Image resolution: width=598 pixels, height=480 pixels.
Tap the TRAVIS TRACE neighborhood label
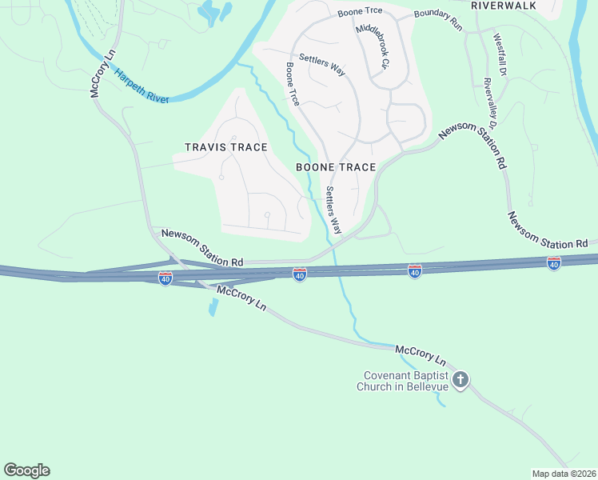click(225, 147)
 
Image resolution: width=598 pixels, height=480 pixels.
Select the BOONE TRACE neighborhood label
click(336, 167)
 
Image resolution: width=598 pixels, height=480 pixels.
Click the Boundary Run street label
click(438, 21)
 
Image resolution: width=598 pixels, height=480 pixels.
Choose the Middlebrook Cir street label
click(373, 46)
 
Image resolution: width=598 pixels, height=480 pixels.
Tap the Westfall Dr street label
click(500, 54)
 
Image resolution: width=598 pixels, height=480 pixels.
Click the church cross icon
click(460, 380)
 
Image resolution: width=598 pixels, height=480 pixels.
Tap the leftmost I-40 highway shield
click(165, 278)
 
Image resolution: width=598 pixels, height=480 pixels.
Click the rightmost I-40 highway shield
click(554, 262)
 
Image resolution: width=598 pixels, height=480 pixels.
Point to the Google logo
click(26, 470)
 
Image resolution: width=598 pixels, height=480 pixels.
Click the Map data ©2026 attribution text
click(564, 474)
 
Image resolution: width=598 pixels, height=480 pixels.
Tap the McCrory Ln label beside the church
click(420, 353)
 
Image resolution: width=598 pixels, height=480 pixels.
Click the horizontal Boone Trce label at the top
click(360, 12)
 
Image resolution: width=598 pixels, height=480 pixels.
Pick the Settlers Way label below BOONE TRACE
click(333, 210)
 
